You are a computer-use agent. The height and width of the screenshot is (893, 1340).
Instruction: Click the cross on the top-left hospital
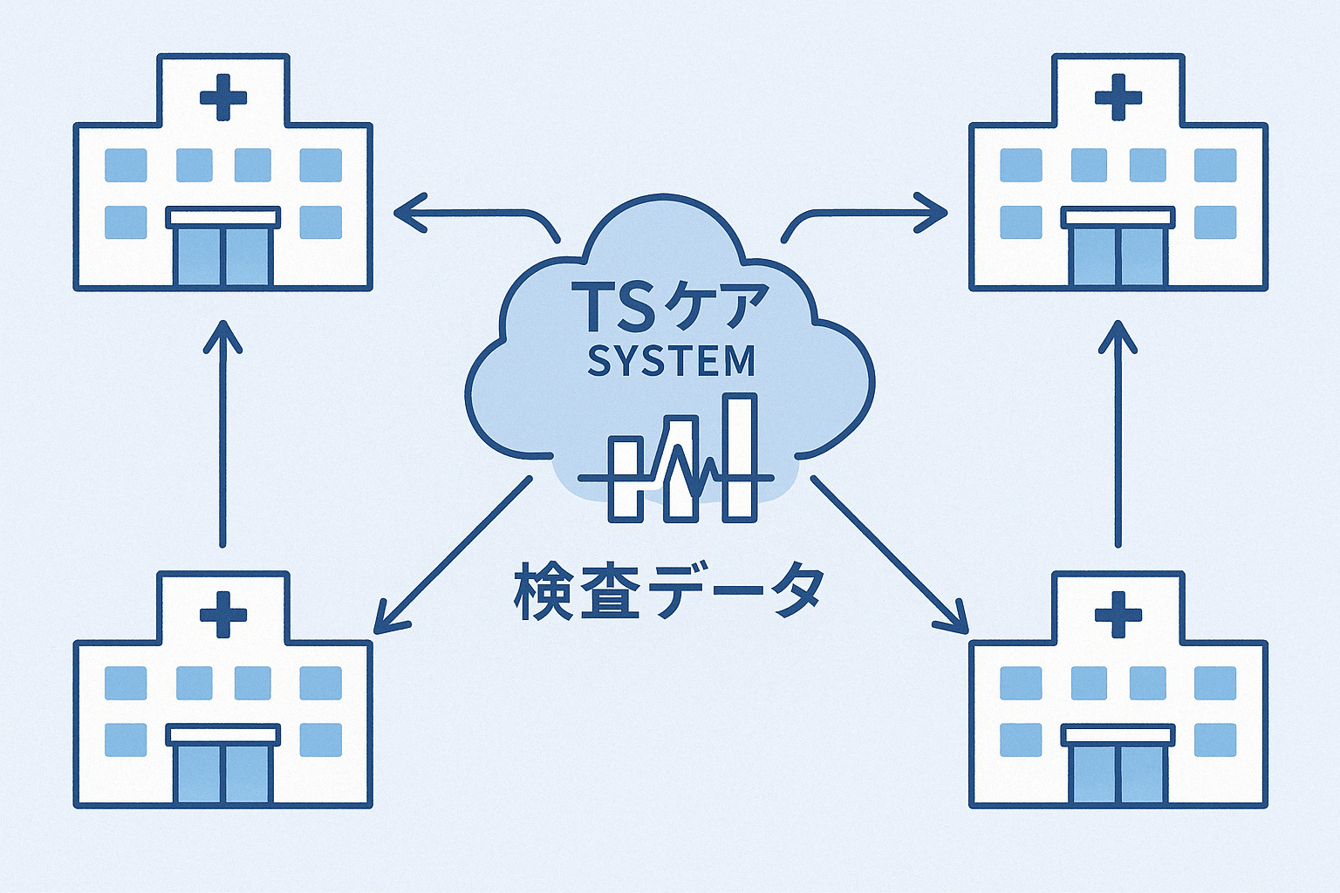pos(223,96)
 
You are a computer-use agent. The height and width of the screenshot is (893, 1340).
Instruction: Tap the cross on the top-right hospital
pos(1118,96)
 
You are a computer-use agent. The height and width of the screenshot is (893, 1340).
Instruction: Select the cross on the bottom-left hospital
pos(223,614)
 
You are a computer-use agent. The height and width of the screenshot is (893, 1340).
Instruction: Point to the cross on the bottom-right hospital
pos(1118,614)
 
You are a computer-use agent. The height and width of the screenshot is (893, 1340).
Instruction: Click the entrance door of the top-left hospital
pos(223,256)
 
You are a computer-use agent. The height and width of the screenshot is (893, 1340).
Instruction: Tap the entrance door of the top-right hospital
pos(1118,256)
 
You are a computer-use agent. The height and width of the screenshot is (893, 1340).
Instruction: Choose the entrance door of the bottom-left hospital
pos(223,773)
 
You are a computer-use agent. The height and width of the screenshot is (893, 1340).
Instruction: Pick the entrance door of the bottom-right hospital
pos(1118,773)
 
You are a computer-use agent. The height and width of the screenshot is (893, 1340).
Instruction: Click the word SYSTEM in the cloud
pos(671,361)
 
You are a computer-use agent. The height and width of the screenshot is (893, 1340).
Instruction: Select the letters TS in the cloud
pos(618,307)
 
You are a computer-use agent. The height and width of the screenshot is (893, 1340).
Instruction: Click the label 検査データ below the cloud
pos(668,592)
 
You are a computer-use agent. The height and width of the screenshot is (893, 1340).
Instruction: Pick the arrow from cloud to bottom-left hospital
pos(452,555)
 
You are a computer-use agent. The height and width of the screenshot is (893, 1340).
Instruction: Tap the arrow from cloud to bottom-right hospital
pos(890,555)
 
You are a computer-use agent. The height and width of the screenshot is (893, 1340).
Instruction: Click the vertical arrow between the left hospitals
pos(222,433)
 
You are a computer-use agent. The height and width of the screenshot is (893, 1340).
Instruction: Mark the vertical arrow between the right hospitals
pos(1118,433)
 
